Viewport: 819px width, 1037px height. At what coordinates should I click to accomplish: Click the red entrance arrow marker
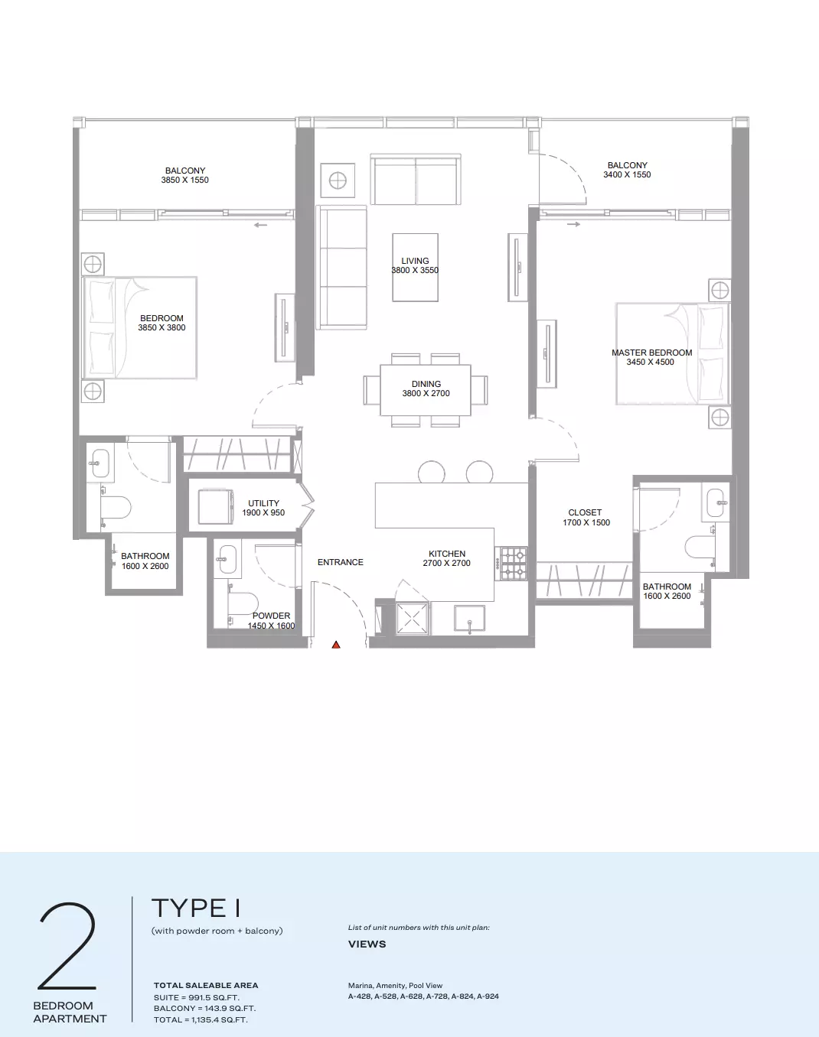(x=336, y=645)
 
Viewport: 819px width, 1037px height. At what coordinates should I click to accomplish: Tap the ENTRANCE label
(x=340, y=562)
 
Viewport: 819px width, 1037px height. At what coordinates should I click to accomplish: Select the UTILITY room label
(x=263, y=503)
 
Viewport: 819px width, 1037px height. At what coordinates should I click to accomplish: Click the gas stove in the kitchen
(x=514, y=564)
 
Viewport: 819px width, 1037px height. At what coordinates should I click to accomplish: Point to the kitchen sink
(x=469, y=619)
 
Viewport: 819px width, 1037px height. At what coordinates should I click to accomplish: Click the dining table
(x=426, y=390)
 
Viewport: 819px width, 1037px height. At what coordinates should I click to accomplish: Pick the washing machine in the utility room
(x=216, y=506)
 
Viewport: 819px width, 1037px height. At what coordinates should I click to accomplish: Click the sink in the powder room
(x=227, y=560)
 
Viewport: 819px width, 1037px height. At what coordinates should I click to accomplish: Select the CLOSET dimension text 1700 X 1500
(x=586, y=522)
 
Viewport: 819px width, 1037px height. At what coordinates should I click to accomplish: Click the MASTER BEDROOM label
(x=651, y=353)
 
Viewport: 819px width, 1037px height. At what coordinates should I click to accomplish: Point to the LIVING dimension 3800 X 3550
(x=415, y=270)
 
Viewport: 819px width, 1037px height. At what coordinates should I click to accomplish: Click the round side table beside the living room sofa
(x=338, y=180)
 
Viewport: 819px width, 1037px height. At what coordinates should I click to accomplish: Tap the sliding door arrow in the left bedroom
(x=260, y=225)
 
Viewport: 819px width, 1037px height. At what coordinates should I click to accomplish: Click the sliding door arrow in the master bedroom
(x=573, y=224)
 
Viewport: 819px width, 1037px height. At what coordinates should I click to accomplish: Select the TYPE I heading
(x=196, y=908)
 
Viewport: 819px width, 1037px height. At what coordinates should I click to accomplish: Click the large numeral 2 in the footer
(x=67, y=946)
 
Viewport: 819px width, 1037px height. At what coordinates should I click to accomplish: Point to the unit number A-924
(x=488, y=996)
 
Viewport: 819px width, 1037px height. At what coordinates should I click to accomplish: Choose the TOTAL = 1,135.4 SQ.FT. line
(x=201, y=1019)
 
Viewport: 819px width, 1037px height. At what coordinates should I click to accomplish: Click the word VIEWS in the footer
(x=367, y=944)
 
